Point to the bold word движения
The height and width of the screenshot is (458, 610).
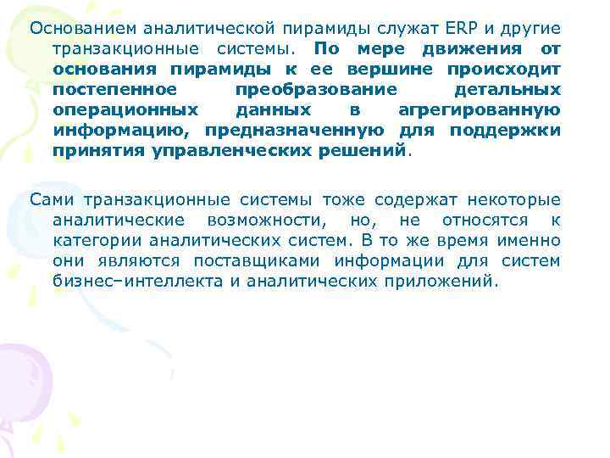pos(474,48)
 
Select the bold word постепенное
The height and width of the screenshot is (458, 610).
pos(114,89)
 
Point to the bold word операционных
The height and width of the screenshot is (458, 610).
pos(125,109)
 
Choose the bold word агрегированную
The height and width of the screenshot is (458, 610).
pos(479,109)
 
